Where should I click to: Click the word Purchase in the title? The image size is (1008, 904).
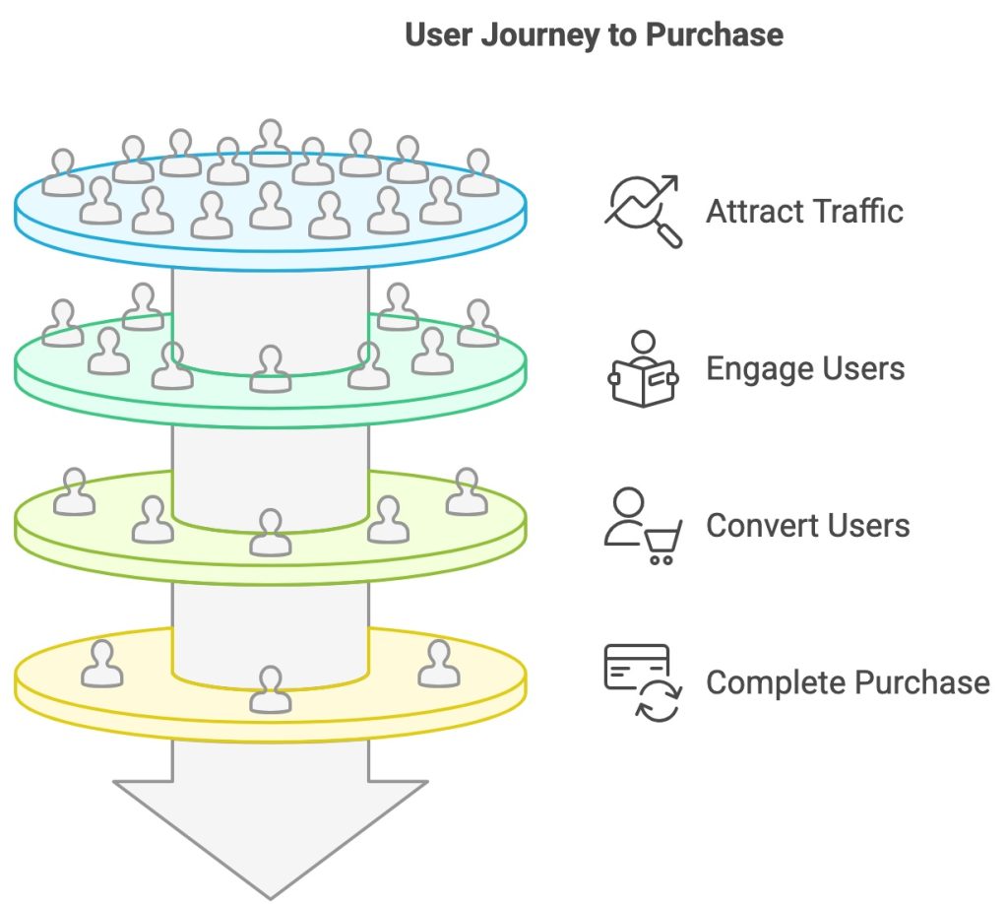pyautogui.click(x=715, y=35)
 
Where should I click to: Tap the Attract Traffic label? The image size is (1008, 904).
pyautogui.click(x=804, y=211)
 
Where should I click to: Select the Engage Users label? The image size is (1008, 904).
pyautogui.click(x=805, y=368)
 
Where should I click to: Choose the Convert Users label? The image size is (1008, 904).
pyautogui.click(x=807, y=525)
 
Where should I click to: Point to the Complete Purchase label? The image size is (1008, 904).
pyautogui.click(x=848, y=682)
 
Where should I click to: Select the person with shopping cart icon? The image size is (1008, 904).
pyautogui.click(x=642, y=526)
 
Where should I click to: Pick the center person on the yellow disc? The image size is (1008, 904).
pyautogui.click(x=271, y=688)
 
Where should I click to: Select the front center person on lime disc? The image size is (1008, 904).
pyautogui.click(x=271, y=532)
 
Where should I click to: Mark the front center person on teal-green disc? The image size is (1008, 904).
pyautogui.click(x=271, y=368)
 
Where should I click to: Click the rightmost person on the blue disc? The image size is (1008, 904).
pyautogui.click(x=478, y=172)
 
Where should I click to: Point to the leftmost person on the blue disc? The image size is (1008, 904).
pyautogui.click(x=63, y=172)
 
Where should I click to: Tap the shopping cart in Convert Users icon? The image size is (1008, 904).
pyautogui.click(x=662, y=543)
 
